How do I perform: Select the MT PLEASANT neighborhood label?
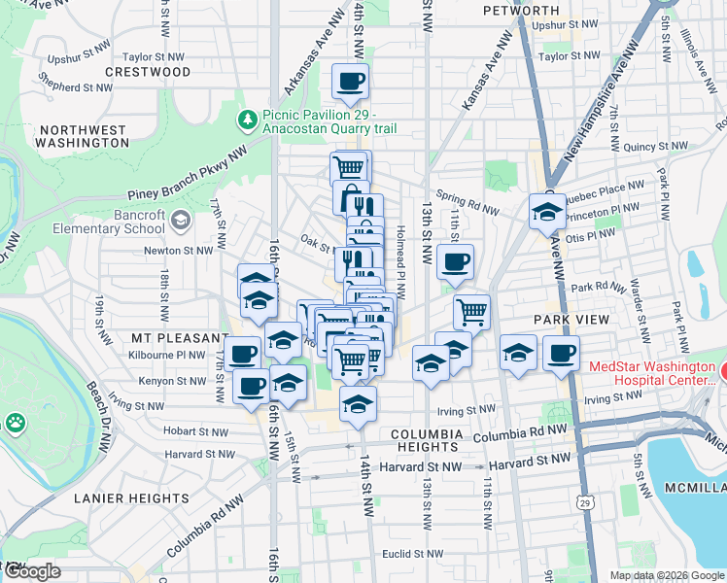click(181, 338)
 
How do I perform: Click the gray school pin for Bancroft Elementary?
click(180, 222)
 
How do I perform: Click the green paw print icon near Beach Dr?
click(15, 423)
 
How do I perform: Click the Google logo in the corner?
click(32, 570)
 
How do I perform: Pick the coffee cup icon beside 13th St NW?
click(456, 260)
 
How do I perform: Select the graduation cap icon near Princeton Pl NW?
click(546, 212)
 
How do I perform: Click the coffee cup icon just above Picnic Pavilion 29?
click(350, 82)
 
